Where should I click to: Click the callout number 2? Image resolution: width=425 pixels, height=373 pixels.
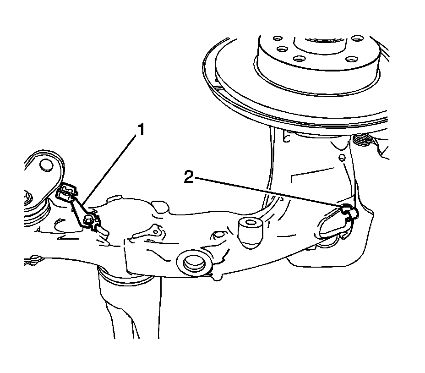189,176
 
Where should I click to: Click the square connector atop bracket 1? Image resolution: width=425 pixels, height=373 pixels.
66,191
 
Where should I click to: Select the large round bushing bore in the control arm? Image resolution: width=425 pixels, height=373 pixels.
194,263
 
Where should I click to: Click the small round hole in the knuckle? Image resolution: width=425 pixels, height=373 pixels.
342,157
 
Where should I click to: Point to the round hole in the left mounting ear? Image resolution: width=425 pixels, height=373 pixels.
46,165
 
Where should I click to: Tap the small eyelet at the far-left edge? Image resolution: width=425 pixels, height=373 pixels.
34,259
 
